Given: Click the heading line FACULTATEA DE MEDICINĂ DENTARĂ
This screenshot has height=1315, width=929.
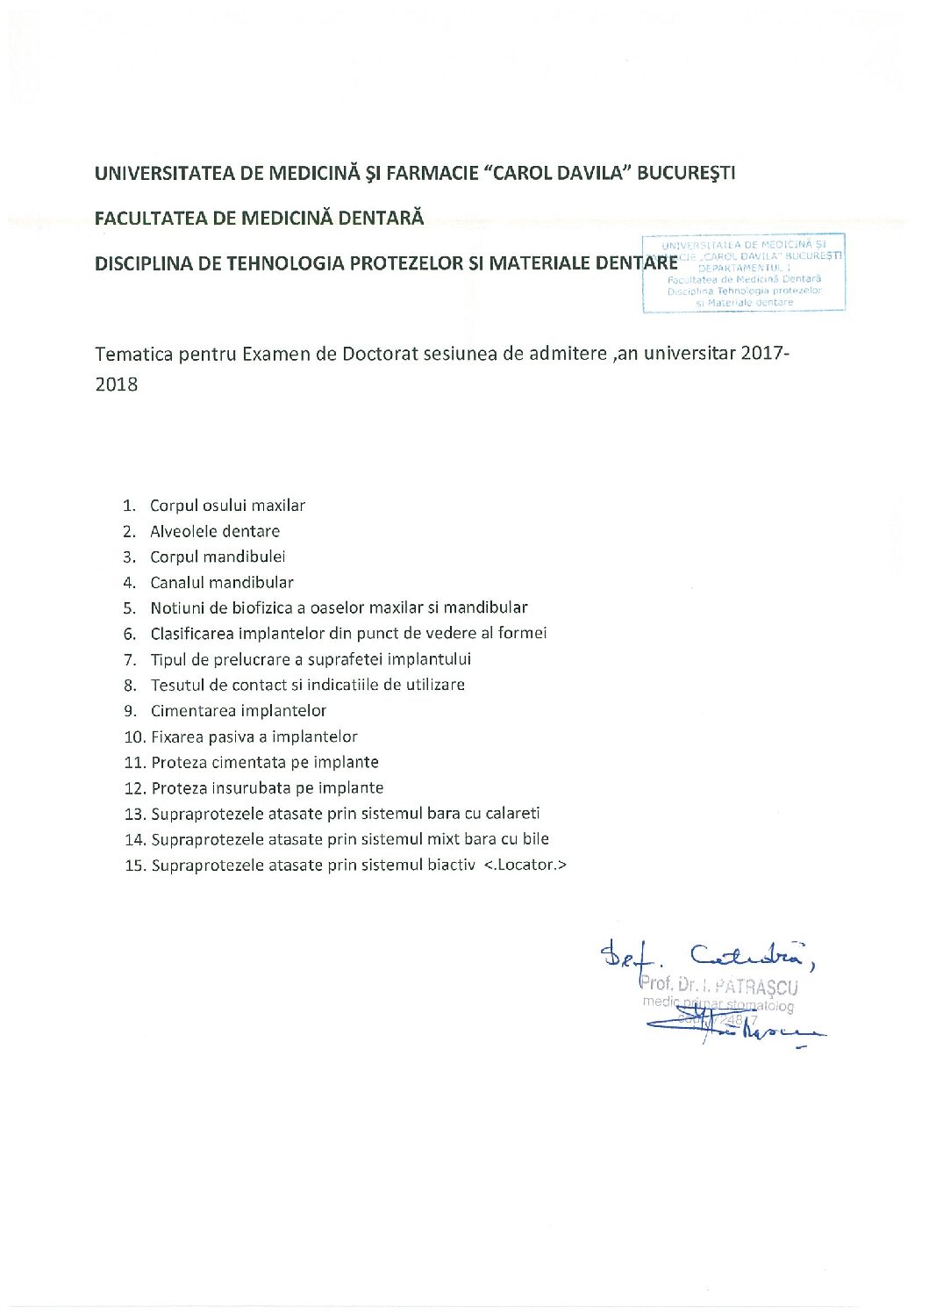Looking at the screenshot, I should [259, 218].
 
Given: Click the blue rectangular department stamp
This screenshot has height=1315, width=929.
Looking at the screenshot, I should [744, 272].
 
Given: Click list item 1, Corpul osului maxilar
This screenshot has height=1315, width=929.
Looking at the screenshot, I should [227, 506].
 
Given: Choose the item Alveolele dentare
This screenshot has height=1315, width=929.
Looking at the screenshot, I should [215, 531].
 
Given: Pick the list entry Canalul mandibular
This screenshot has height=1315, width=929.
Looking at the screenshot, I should [222, 582].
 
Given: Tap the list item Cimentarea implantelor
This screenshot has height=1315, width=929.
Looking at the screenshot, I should [239, 711].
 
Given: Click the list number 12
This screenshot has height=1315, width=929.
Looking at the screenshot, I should [134, 788].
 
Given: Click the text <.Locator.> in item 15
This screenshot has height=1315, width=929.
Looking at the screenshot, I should [525, 865].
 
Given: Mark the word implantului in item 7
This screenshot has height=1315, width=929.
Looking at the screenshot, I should [430, 659].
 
